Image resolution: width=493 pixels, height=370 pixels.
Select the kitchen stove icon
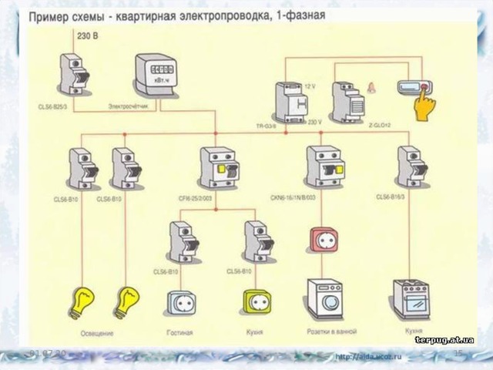(x=412, y=298)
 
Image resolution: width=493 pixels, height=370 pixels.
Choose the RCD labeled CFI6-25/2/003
(x=216, y=171)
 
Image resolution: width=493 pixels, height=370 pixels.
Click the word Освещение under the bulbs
(x=97, y=333)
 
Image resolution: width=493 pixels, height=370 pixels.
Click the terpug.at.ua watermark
(x=444, y=339)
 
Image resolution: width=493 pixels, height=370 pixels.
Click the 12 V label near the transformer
(x=310, y=86)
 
